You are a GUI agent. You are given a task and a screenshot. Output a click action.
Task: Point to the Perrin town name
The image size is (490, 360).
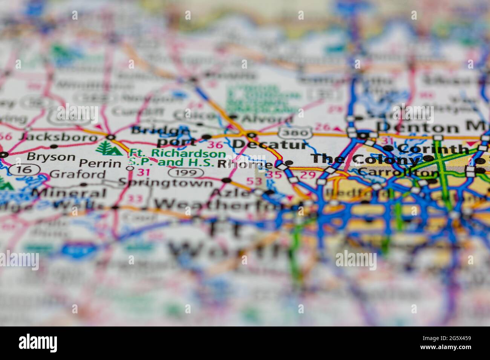pos(100,164)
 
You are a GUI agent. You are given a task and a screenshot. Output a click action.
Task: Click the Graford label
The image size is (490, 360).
pos(78,174)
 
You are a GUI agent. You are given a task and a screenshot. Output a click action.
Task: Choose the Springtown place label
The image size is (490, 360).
pos(165,183)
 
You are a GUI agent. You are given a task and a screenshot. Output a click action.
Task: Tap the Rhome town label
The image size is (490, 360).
pos(245,165)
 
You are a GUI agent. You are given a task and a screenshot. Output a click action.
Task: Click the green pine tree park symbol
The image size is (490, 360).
pos(109,148)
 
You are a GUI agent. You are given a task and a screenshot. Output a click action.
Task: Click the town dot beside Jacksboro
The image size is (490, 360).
pos(111,137)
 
